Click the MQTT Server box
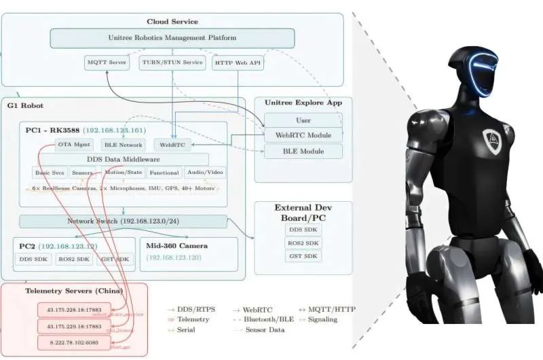[107, 63]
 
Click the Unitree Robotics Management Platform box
[172, 38]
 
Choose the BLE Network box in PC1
[123, 145]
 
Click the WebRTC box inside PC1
[172, 145]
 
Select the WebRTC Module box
[303, 135]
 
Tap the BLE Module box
[303, 151]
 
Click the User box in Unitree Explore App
[303, 120]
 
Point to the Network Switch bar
[123, 221]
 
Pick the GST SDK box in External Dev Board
[303, 256]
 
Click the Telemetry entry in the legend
[193, 319]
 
